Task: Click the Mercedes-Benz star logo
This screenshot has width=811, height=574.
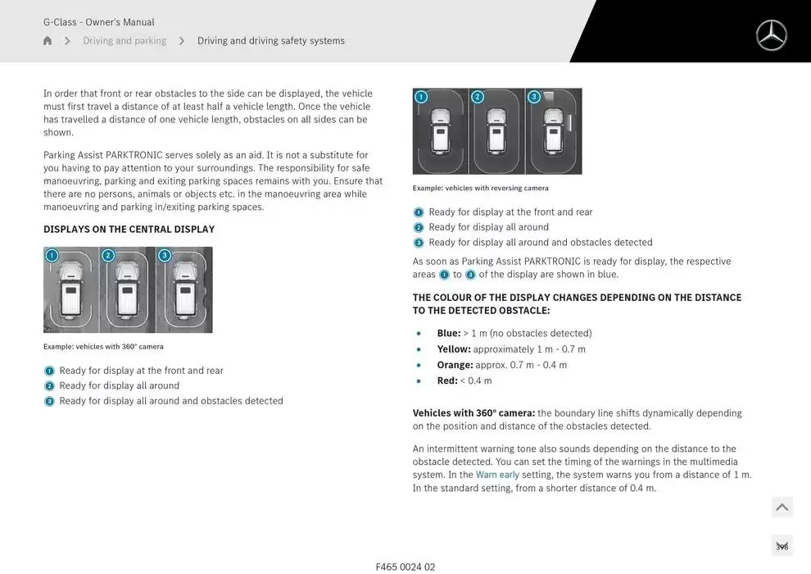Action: [x=771, y=35]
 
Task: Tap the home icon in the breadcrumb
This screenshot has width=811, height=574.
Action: [x=48, y=41]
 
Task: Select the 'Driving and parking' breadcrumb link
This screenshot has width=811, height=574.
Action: [x=125, y=41]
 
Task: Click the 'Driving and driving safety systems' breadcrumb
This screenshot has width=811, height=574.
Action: [x=270, y=41]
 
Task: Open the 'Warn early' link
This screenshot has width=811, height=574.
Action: [x=497, y=475]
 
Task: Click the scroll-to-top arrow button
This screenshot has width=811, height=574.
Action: [x=782, y=508]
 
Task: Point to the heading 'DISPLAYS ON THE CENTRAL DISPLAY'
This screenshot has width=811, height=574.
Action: [x=129, y=230]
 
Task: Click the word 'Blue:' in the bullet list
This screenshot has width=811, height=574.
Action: [x=449, y=334]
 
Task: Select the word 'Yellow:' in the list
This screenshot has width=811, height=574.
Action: [x=455, y=349]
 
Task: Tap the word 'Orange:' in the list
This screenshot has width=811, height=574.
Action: [x=455, y=365]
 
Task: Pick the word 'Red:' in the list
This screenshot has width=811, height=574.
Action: [x=447, y=380]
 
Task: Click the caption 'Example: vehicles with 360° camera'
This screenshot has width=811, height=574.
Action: [x=103, y=347]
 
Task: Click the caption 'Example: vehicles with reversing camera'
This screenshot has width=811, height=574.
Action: [x=480, y=189]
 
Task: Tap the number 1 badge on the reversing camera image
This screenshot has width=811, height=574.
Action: [x=421, y=97]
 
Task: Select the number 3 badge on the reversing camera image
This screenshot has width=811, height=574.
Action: [x=534, y=97]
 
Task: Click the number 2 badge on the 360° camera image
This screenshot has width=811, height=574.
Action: [x=108, y=255]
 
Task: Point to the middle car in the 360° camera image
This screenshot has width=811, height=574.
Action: [x=127, y=291]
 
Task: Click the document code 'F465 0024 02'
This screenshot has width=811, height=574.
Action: [x=405, y=567]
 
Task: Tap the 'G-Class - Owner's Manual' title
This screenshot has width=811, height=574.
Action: [x=98, y=22]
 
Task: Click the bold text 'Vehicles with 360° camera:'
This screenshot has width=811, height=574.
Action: [x=473, y=413]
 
